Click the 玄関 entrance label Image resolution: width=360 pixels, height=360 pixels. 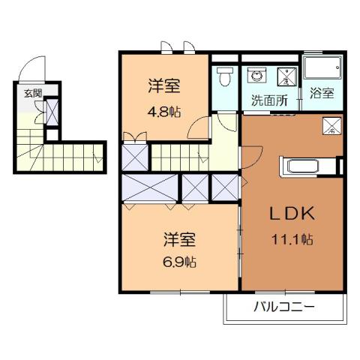pos(32,93)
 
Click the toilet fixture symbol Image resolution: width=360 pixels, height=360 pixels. pos(223,78)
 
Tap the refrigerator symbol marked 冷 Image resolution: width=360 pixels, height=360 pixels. pos(330,127)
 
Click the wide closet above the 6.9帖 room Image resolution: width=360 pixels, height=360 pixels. pos(150,188)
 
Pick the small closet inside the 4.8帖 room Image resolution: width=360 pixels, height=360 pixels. pos(136,157)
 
